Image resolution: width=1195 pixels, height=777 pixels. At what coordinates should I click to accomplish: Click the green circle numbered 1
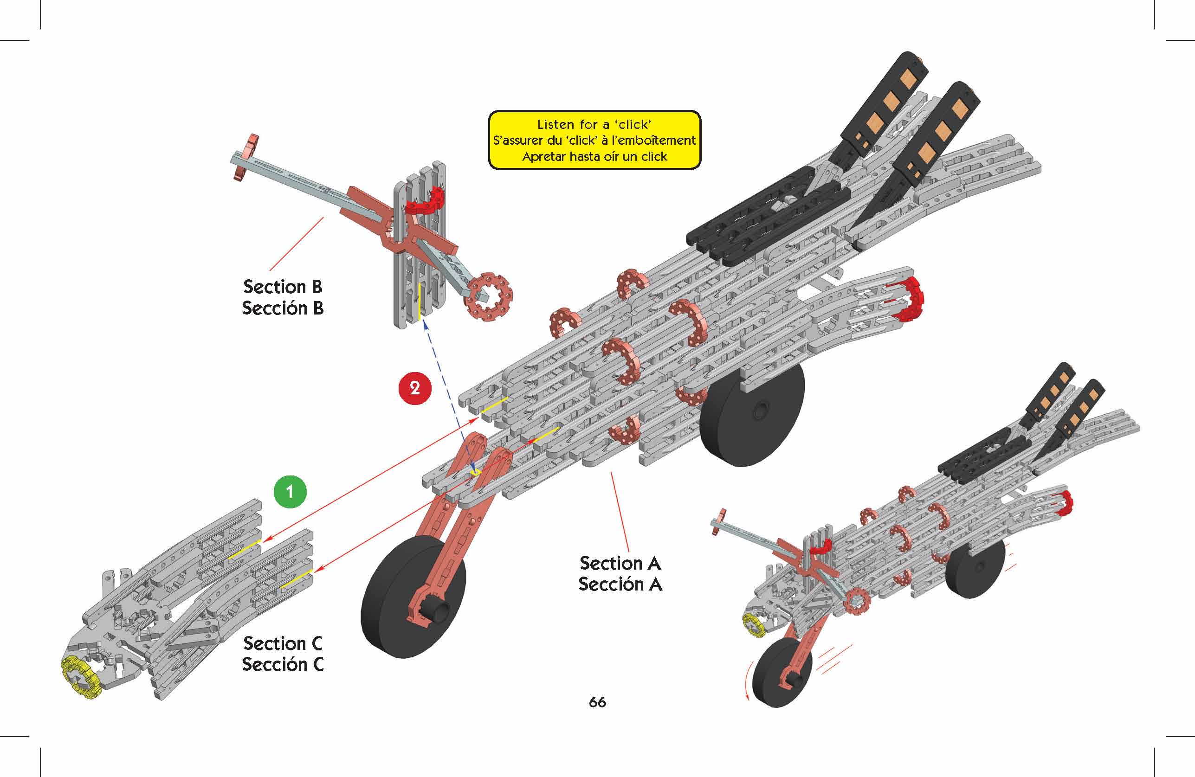(290, 491)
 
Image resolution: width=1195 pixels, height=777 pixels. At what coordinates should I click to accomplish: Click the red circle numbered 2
(415, 388)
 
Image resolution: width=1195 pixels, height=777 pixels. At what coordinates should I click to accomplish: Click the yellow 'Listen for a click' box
(594, 140)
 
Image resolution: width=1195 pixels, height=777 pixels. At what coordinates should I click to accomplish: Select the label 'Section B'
(283, 287)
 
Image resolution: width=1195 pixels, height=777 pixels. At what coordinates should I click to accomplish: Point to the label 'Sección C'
(283, 665)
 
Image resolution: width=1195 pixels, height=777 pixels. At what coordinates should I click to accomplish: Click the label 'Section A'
(620, 563)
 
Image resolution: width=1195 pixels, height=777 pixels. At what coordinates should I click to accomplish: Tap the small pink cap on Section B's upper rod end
(245, 156)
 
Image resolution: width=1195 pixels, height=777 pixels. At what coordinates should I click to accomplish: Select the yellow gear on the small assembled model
(752, 623)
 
